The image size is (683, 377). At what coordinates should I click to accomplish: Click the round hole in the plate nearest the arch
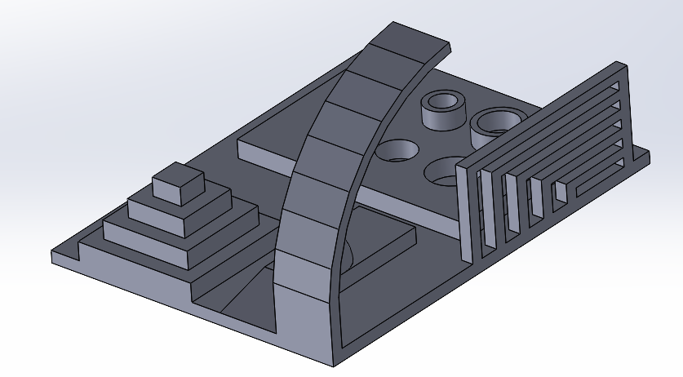(x=397, y=151)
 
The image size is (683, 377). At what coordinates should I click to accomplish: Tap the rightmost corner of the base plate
(x=649, y=152)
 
